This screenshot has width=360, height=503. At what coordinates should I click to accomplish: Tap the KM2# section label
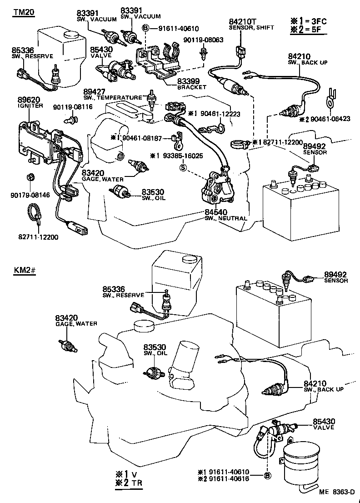[25, 272]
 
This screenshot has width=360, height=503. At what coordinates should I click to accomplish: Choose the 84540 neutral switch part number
[215, 212]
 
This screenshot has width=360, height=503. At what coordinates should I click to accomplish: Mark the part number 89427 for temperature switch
[94, 91]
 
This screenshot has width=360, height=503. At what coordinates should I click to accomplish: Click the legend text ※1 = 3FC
[312, 21]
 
